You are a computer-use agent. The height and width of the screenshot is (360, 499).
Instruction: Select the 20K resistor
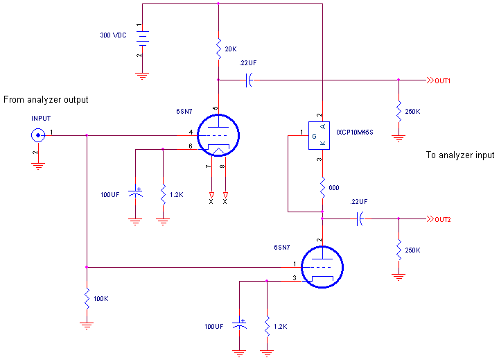coord(218,48)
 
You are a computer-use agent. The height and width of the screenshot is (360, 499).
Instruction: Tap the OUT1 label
coord(443,80)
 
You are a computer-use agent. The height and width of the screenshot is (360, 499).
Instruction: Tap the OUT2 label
coord(443,219)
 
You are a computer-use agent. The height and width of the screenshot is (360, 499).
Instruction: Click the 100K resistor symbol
coord(87,298)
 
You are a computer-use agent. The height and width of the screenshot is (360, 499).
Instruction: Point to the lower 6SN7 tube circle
coord(322,268)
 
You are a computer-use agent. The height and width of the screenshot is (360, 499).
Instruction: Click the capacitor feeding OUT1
coord(248,80)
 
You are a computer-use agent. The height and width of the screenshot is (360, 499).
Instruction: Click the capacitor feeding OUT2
coord(358,219)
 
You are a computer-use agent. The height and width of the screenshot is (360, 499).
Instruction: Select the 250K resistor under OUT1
coord(399,111)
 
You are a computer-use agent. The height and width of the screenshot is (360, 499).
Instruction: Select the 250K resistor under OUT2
coord(399,249)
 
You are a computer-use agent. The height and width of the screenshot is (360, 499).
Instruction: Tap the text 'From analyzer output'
coord(46,100)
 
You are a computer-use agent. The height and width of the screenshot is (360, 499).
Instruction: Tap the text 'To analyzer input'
coord(459,155)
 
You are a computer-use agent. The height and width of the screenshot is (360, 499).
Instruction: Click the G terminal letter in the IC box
coord(314,137)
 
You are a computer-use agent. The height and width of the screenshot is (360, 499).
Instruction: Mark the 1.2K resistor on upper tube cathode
coord(162,195)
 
